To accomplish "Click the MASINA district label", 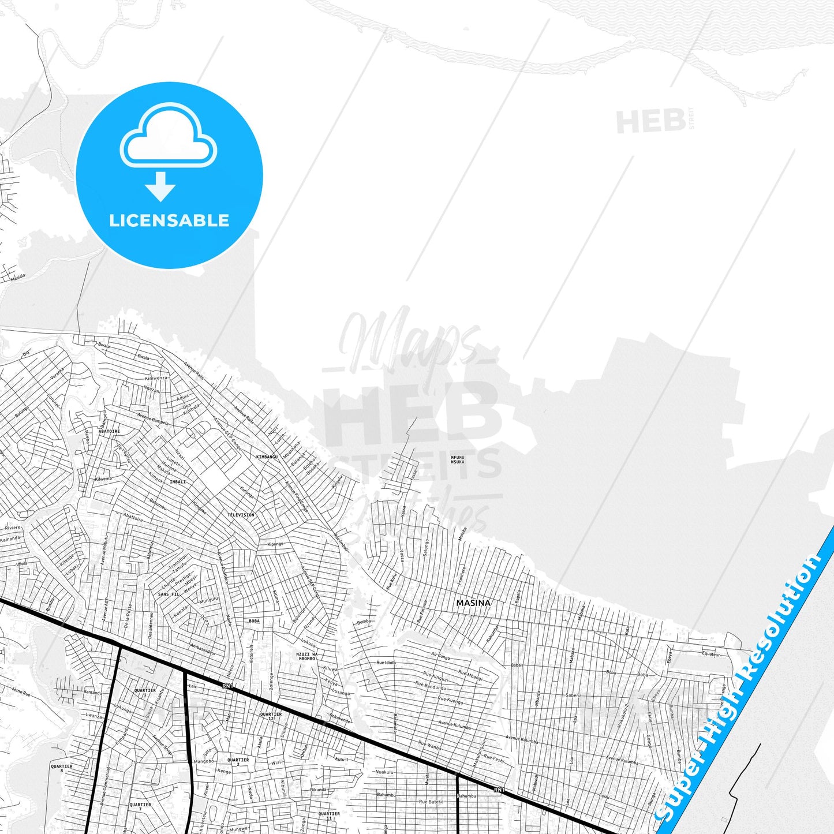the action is (x=473, y=603).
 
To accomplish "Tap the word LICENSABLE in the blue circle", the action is (x=169, y=220).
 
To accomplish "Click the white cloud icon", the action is (x=168, y=136).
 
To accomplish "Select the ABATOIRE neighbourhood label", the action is (x=109, y=431).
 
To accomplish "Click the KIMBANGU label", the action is (x=267, y=457).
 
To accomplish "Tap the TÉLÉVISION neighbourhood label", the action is (x=241, y=514).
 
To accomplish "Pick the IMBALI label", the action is (x=178, y=481).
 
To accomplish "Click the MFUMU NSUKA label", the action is (x=457, y=459).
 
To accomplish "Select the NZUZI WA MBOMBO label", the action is (x=306, y=656).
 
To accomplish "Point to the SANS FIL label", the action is (x=168, y=594).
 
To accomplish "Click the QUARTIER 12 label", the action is (x=271, y=716).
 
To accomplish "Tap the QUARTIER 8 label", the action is (x=62, y=768).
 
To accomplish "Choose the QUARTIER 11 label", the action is (x=329, y=816).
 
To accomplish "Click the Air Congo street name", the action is (x=440, y=656).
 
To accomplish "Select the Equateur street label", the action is (x=710, y=654).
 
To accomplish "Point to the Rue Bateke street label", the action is (x=431, y=802).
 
